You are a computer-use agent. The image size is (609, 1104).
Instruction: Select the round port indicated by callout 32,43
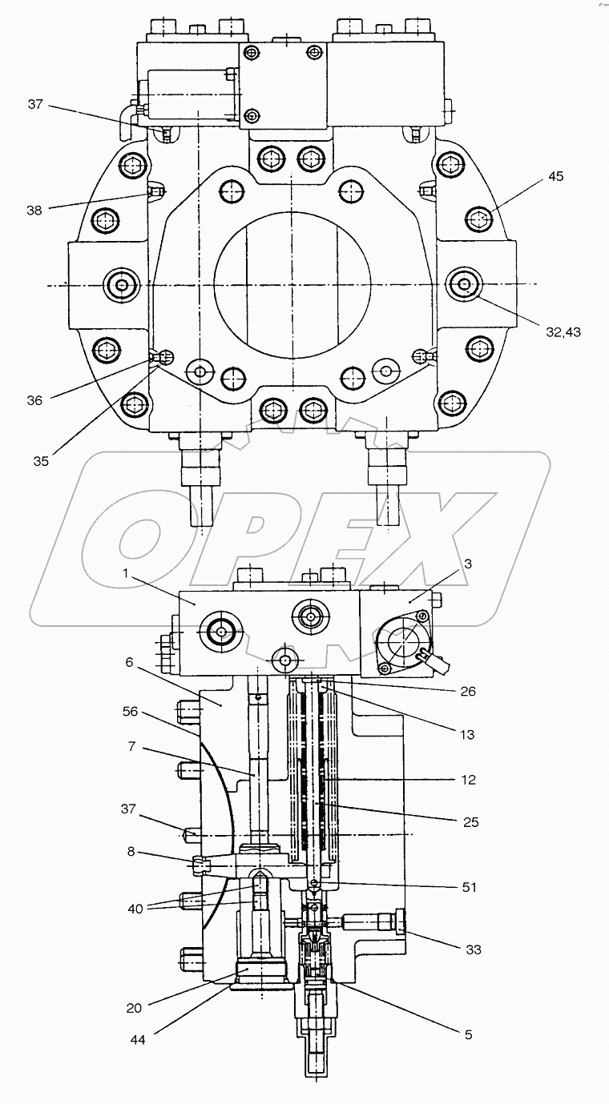click(x=462, y=283)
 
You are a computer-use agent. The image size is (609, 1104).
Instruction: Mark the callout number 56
click(x=130, y=709)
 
